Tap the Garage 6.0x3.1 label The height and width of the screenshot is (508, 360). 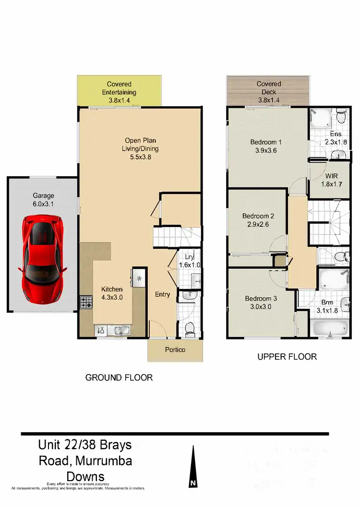(x=43, y=199)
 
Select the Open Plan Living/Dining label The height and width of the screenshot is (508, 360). (x=140, y=148)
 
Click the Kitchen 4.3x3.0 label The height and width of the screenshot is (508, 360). (x=111, y=293)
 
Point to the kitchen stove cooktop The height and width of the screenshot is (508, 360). (x=86, y=303)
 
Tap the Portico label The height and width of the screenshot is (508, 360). (x=175, y=350)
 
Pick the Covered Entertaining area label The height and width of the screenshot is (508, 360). (x=119, y=92)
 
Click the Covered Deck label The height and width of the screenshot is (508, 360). (x=269, y=92)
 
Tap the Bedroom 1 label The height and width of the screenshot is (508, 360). (x=266, y=146)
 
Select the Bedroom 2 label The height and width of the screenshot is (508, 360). (x=258, y=220)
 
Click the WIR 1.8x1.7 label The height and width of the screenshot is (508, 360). (x=328, y=181)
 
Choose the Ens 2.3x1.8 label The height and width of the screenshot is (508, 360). (x=336, y=138)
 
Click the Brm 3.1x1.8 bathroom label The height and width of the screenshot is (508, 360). (x=327, y=307)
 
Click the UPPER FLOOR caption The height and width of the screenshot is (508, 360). (x=287, y=357)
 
